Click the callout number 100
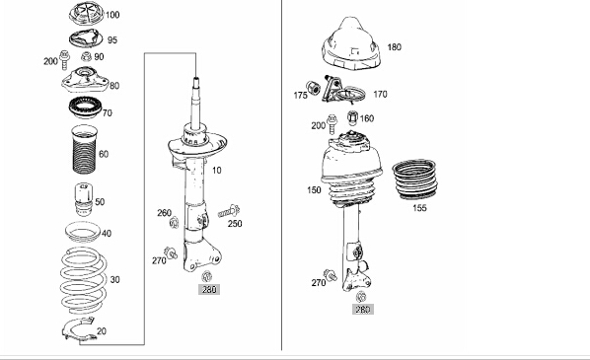point(112,15)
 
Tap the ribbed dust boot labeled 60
point(84,150)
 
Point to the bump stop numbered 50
point(84,199)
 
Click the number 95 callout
point(112,39)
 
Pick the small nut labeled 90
point(86,57)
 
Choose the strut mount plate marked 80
point(85,80)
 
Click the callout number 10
point(217,171)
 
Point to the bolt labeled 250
point(229,212)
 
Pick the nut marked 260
point(174,223)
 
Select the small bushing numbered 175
point(313,88)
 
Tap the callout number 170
point(380,94)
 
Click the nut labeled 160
point(352,117)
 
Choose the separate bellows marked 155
point(414,180)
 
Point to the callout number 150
point(314,190)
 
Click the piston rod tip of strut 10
point(196,79)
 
